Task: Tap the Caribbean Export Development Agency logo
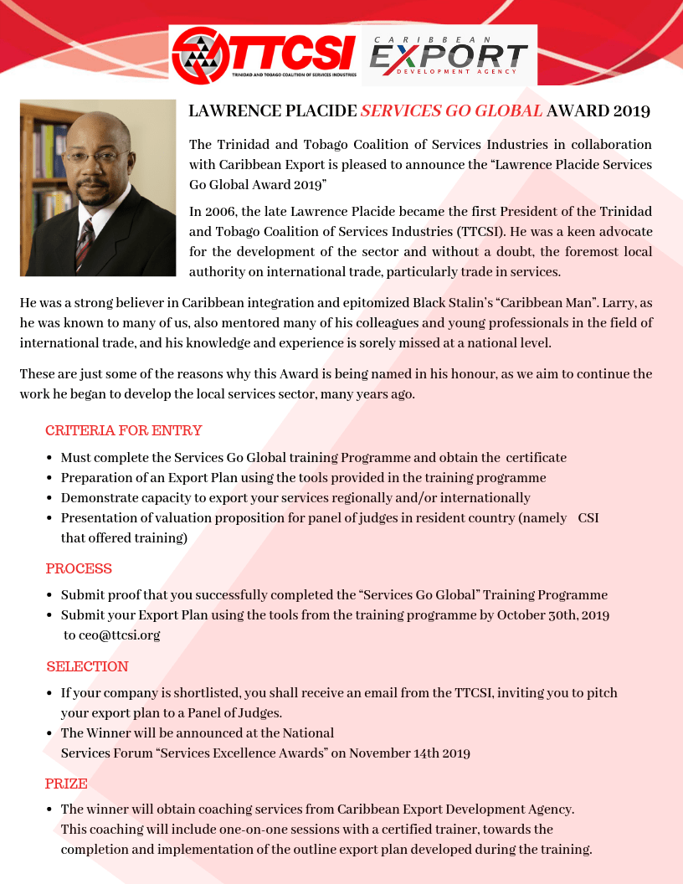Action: [x=449, y=54]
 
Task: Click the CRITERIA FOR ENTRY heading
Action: [x=124, y=431]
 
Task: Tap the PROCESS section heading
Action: [x=79, y=569]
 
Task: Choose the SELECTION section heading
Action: [x=87, y=667]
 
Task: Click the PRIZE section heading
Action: [x=66, y=784]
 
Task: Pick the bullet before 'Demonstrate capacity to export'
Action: [x=50, y=499]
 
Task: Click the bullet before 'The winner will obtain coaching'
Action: [x=50, y=810]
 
